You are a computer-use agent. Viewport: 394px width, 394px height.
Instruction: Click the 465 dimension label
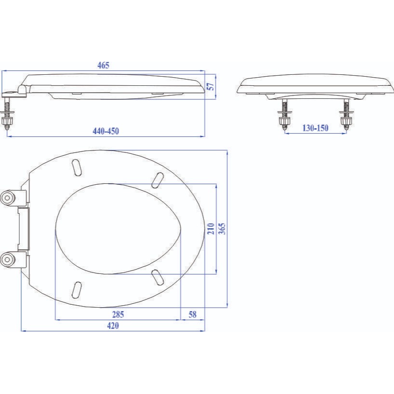103,65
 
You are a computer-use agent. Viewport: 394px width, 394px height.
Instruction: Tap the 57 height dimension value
211,87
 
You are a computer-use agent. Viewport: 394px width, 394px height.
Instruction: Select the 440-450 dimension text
106,131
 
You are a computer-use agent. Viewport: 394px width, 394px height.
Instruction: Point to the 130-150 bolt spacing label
315,128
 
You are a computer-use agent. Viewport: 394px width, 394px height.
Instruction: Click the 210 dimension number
211,229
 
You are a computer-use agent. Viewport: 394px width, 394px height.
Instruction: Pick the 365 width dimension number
222,229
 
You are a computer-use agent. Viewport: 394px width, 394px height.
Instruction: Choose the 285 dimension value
118,314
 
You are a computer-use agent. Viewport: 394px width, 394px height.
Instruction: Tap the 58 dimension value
192,314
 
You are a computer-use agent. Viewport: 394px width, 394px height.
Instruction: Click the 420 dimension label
113,326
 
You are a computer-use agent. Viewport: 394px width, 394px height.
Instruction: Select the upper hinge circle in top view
7,198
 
